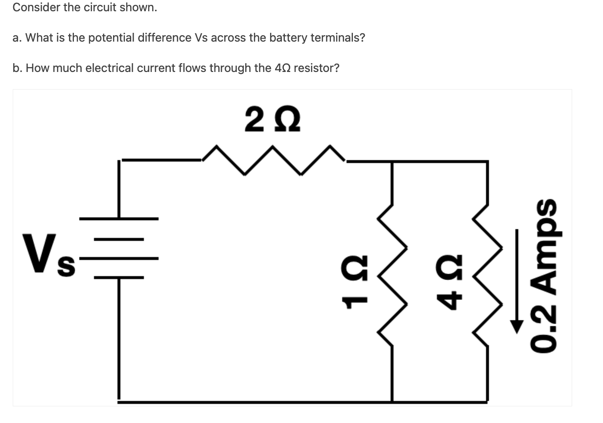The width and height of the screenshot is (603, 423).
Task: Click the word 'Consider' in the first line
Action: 36,8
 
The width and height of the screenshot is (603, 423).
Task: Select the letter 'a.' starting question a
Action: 18,38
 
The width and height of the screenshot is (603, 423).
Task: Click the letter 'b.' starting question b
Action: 18,68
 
